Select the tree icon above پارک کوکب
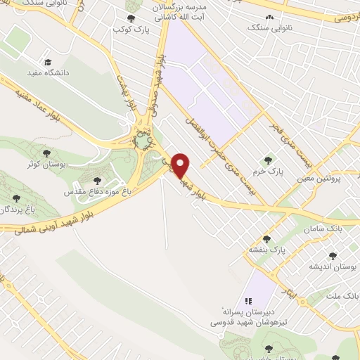tap(129, 19)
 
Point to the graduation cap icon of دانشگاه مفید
tap(47, 61)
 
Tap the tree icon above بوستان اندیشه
tap(333, 256)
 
